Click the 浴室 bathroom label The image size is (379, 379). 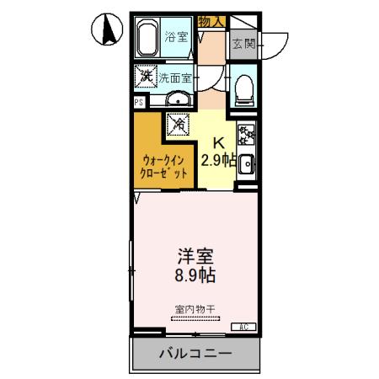tap(176, 37)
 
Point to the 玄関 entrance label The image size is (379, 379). tap(243, 43)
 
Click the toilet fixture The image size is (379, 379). tap(243, 88)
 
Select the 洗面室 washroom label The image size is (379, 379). tap(176, 77)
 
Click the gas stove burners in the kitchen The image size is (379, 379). tap(246, 135)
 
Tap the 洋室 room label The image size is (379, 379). tap(195, 254)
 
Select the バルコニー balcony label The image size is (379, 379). tap(195, 354)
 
